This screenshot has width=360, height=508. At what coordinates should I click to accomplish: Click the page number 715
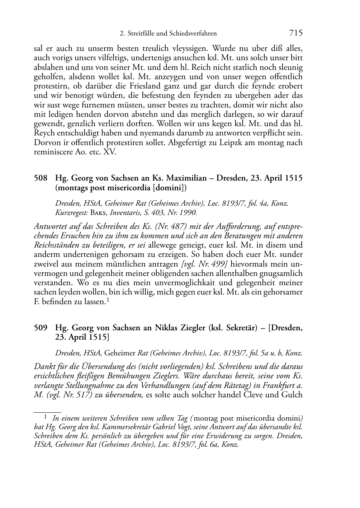[296, 33]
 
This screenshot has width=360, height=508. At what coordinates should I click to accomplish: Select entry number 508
[40, 178]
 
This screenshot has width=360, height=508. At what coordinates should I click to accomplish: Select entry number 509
[40, 327]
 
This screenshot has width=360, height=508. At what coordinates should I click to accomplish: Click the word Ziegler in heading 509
[193, 327]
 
